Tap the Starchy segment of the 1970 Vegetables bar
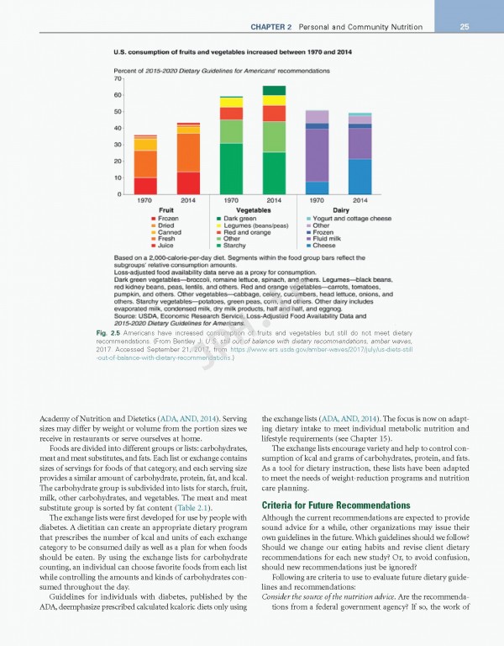pyautogui.click(x=232, y=168)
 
